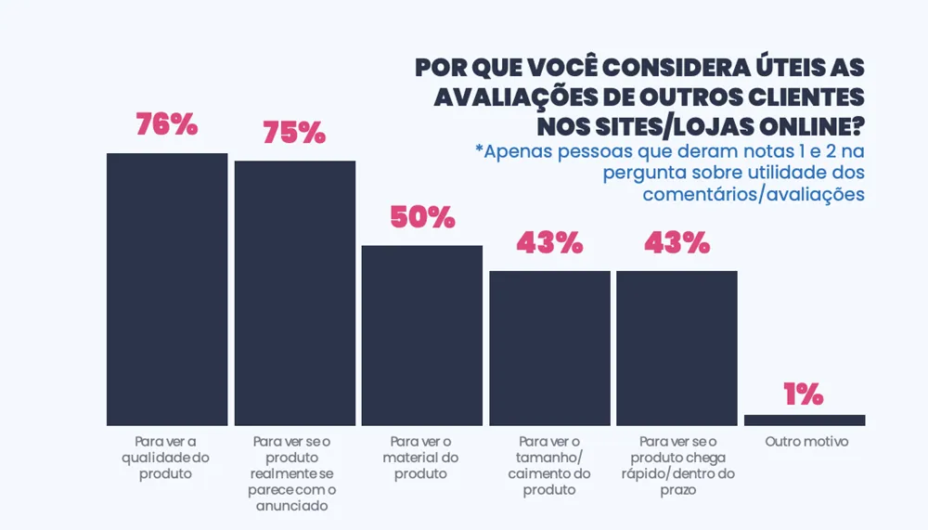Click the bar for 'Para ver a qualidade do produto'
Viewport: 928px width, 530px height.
tap(167, 289)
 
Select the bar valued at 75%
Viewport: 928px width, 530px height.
tap(294, 292)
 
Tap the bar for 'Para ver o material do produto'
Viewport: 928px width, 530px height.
tap(421, 335)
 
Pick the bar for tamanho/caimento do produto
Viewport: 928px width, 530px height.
tap(549, 348)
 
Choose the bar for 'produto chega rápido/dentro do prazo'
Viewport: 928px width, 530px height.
tap(677, 348)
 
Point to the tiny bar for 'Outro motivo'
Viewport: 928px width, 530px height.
tap(805, 420)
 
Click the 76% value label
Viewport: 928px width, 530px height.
tap(167, 125)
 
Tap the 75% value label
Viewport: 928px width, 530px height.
tap(294, 133)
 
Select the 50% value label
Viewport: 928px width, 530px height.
tap(422, 217)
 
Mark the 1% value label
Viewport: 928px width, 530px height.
tap(804, 394)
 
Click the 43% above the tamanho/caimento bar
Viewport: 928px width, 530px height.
tap(549, 243)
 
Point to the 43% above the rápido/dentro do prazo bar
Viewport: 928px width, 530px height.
tap(677, 243)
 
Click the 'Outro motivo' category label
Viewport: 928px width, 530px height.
tap(806, 442)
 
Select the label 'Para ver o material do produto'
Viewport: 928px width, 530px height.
tap(421, 458)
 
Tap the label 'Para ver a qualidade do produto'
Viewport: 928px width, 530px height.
tap(167, 458)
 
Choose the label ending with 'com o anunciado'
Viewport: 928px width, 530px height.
tap(294, 473)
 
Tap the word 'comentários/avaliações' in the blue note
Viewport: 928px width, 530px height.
tap(754, 194)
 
